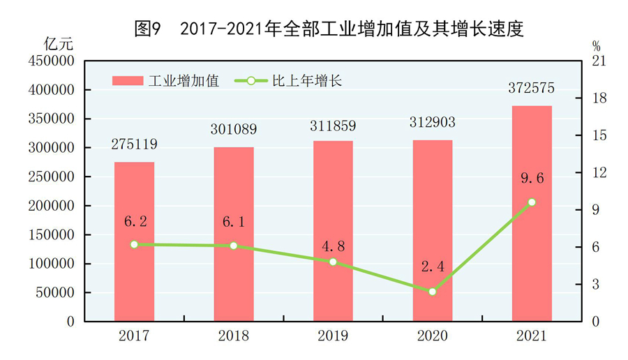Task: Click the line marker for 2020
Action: coord(432,292)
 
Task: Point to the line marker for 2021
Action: coord(532,202)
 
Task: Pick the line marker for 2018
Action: coord(234,246)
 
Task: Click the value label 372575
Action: coord(532,89)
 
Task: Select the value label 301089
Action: coord(234,130)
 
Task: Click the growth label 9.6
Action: coord(532,178)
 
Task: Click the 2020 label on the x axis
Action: coord(432,336)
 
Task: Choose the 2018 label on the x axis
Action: coord(234,336)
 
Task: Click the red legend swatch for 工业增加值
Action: coord(128,81)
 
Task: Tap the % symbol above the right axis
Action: coord(597,46)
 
